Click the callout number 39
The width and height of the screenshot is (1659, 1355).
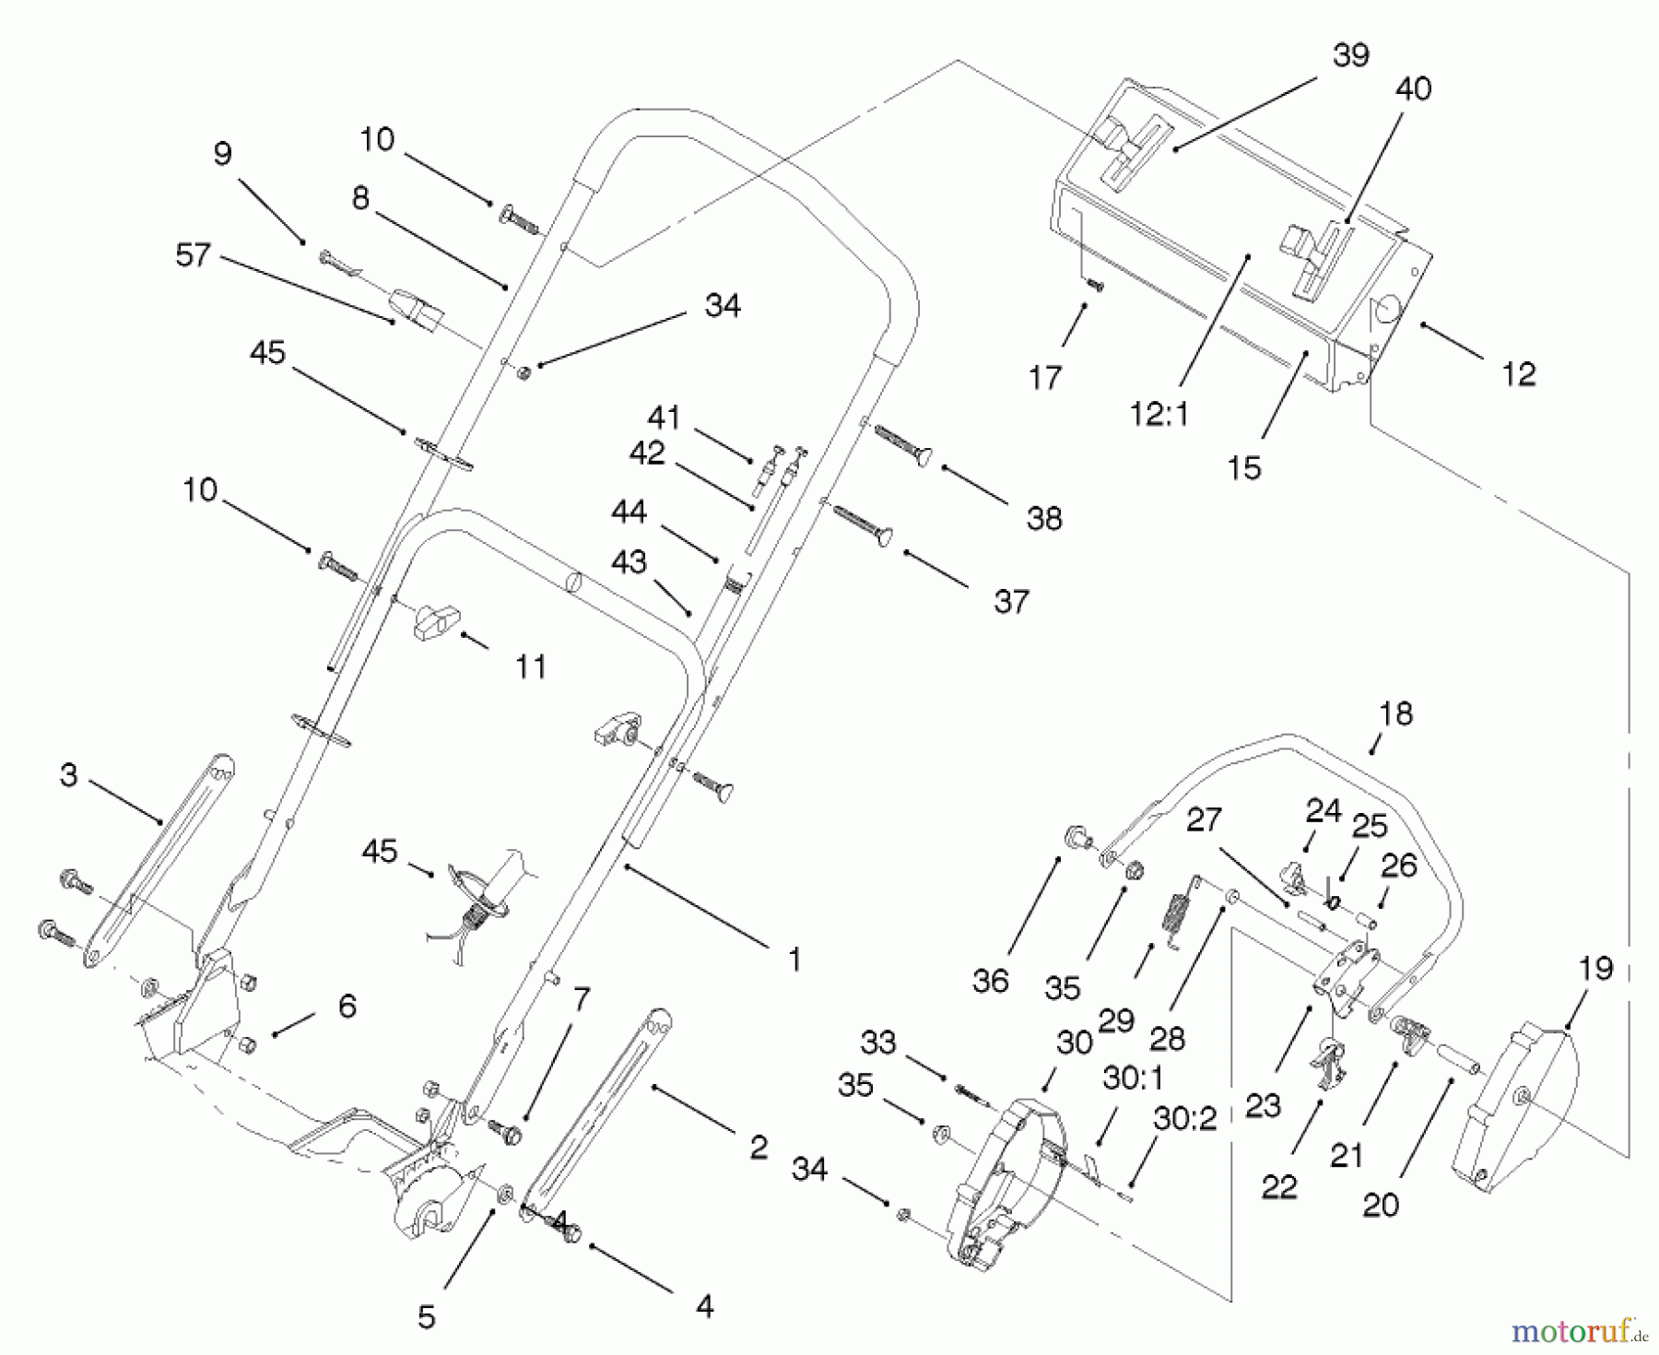coord(1350,55)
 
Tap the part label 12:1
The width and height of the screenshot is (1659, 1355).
coord(1159,415)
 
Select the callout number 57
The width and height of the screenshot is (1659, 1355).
coord(193,255)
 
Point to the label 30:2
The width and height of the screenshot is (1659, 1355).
coord(1184,1119)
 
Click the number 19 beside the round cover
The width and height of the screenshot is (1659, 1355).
coord(1595,969)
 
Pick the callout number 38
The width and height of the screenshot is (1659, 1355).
coord(1043,519)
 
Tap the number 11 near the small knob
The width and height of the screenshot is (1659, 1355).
coord(530,666)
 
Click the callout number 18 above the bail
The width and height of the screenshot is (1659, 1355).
coord(1395,714)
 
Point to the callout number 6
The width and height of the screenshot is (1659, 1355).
coord(347,1006)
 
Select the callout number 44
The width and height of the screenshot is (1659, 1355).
coord(629,513)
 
